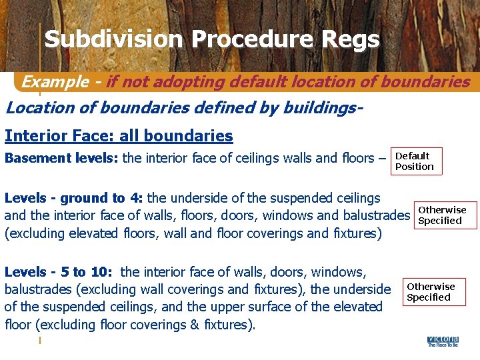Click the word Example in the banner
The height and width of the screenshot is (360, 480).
55,82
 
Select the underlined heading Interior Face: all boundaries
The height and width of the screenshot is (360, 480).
119,136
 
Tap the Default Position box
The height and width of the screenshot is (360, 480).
416,161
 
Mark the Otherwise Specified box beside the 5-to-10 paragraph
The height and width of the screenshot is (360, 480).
433,292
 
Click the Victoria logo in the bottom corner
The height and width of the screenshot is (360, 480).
442,341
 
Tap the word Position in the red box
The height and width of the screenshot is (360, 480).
415,167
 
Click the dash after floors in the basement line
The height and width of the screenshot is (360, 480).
382,159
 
